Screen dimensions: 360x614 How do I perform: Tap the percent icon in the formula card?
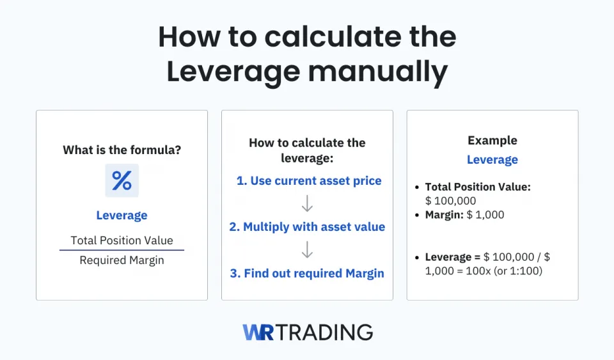[122, 180]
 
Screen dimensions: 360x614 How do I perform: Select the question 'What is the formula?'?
[122, 150]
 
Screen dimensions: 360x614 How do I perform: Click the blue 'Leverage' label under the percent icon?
[122, 215]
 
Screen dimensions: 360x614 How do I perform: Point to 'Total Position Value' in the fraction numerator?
[122, 240]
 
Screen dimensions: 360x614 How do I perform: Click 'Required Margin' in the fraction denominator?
[122, 260]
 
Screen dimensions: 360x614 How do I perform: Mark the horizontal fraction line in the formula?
[122, 250]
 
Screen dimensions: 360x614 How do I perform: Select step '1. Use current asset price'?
[309, 181]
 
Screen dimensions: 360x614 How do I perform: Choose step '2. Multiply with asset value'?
[307, 227]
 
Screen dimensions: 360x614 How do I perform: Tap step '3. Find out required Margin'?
[307, 274]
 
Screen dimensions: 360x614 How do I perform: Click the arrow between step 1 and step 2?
[307, 203]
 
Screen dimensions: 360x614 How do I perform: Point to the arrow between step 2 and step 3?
[307, 250]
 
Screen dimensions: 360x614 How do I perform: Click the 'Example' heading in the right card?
[492, 141]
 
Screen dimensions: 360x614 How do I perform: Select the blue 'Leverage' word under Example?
[492, 160]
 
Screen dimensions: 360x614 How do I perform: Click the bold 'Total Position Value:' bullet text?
[478, 187]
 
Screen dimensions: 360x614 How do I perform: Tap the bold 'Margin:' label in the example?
[445, 215]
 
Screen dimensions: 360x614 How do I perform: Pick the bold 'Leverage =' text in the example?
[452, 257]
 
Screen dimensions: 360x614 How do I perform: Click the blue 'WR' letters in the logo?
[258, 332]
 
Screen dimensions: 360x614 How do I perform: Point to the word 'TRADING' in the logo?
[326, 332]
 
